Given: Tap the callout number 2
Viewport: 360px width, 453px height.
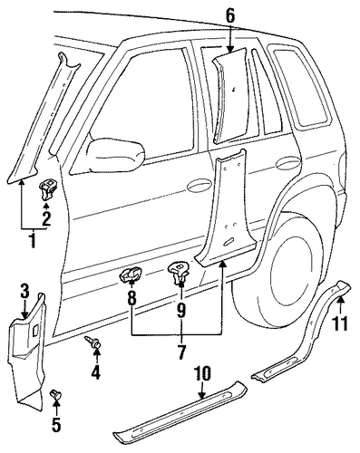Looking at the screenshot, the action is pyautogui.click(x=46, y=218).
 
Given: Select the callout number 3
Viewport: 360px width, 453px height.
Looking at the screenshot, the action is pyautogui.click(x=25, y=292).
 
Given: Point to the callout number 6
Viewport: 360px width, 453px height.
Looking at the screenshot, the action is pyautogui.click(x=230, y=15).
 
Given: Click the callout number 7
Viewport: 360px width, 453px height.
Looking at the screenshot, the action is pyautogui.click(x=181, y=352).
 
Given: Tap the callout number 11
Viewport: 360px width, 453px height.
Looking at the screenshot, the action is pyautogui.click(x=340, y=323).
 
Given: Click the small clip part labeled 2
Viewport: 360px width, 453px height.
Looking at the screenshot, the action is pyautogui.click(x=47, y=190).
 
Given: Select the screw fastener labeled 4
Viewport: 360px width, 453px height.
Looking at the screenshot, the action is pyautogui.click(x=94, y=343).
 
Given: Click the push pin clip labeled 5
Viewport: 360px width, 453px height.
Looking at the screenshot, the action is pyautogui.click(x=56, y=395).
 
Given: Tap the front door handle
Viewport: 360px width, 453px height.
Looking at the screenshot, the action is pyautogui.click(x=199, y=186).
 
